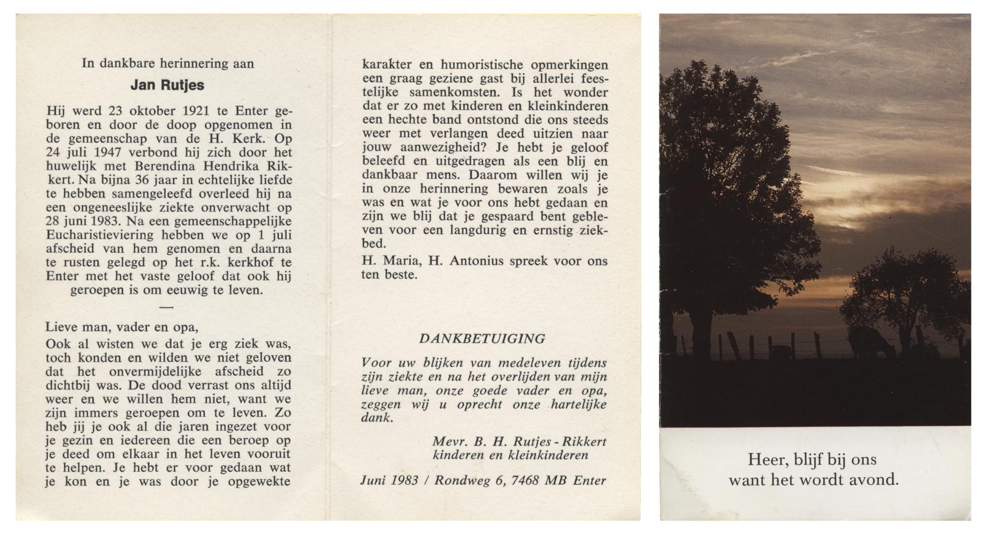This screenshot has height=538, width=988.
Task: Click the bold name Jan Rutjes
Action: pos(167,85)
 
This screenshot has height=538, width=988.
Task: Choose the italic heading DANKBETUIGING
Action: pos(482,339)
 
